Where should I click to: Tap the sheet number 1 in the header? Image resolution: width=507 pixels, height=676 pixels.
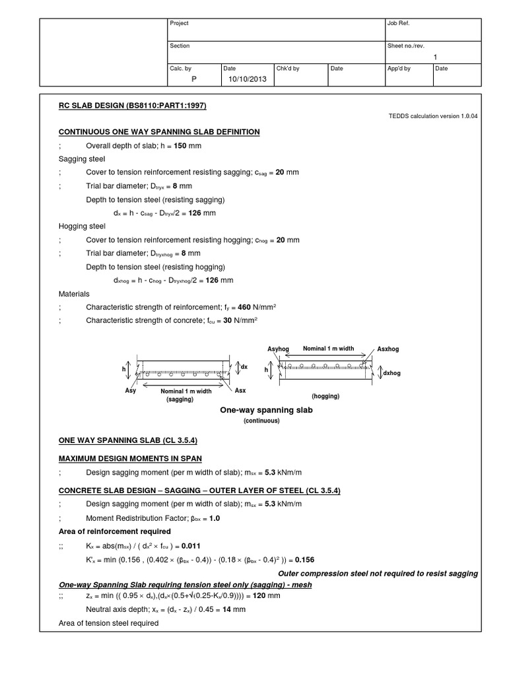tap(435, 57)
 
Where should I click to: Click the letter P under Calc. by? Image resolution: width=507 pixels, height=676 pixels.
tap(194, 79)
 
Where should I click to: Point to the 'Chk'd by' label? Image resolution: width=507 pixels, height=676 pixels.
tap(288, 68)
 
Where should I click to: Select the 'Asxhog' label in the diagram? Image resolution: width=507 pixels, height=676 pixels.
tap(388, 349)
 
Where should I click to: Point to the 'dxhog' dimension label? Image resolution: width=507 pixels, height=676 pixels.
tap(392, 373)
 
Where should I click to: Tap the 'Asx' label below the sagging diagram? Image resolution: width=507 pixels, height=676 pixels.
tap(240, 390)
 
